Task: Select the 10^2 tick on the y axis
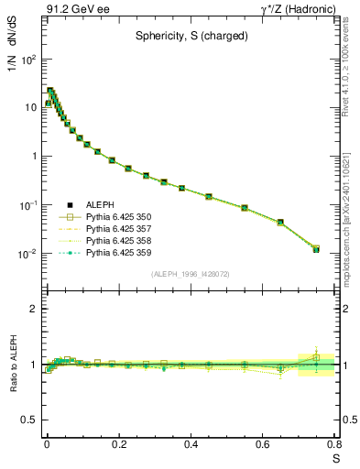27,59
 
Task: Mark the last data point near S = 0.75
316,249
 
